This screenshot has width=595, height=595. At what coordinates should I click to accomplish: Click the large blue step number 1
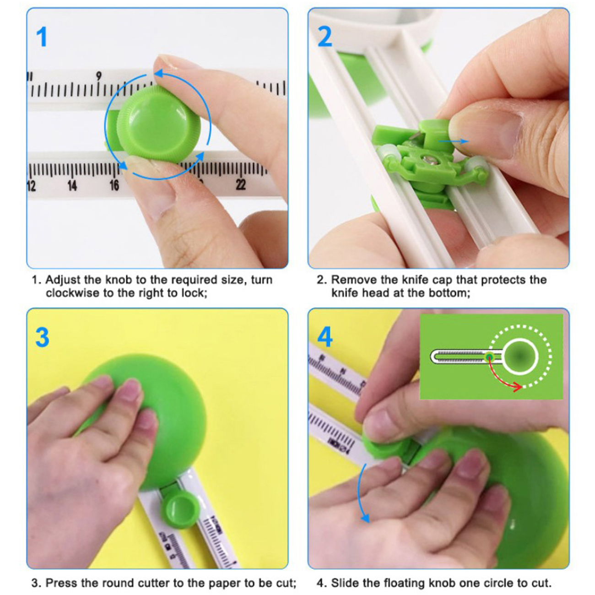point(42,37)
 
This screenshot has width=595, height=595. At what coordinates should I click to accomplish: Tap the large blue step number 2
point(325,37)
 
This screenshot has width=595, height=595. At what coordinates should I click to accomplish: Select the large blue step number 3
point(42,337)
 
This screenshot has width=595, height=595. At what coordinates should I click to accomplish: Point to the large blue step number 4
point(325,337)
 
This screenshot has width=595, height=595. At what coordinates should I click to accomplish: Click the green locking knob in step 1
point(158,124)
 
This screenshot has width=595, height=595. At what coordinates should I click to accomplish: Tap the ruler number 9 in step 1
point(99,76)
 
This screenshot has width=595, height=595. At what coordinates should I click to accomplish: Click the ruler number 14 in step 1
point(72,186)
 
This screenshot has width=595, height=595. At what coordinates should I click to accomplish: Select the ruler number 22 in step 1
point(241,184)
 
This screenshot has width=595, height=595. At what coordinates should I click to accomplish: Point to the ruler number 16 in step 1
point(114,185)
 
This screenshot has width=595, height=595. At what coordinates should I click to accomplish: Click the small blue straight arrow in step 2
point(453,141)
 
